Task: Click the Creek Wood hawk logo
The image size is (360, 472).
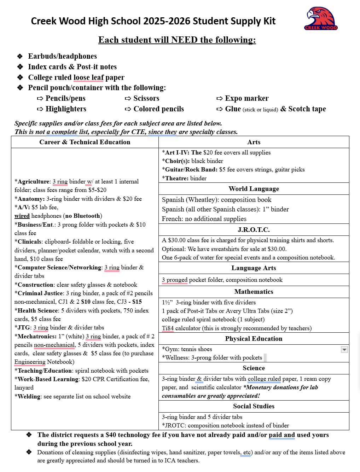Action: tap(321, 18)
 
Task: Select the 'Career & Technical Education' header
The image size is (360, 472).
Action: tap(85, 142)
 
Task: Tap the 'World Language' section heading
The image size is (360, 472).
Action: tap(254, 189)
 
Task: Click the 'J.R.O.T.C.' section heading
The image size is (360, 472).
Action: tap(254, 230)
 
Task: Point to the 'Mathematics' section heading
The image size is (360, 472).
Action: tap(254, 292)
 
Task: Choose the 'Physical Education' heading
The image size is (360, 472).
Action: tap(254, 339)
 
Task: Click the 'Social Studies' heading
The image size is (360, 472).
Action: tap(254, 406)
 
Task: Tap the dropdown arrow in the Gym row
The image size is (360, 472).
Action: tap(344, 349)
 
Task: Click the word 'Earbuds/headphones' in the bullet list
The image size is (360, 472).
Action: tap(62, 56)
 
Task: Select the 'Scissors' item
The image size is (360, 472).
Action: tap(146, 98)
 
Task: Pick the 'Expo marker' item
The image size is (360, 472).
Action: tap(246, 98)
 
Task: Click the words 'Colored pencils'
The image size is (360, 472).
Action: tap(158, 109)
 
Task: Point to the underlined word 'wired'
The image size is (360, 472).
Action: tap(22, 216)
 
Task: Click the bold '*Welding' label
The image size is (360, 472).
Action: tap(28, 396)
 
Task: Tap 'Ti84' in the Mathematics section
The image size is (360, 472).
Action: tap(168, 328)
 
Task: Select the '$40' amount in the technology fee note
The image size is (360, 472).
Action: tap(111, 435)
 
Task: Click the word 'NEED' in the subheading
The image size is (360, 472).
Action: tap(184, 40)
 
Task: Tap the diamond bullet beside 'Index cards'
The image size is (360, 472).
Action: tap(20, 67)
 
